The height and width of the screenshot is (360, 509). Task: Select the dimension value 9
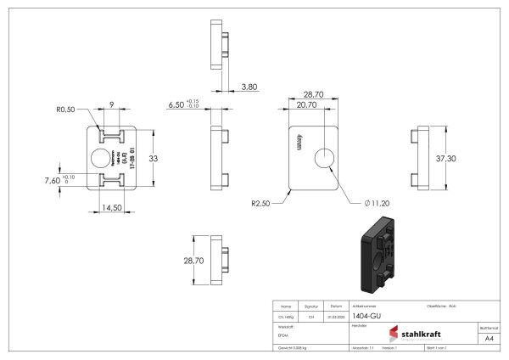(x=112, y=105)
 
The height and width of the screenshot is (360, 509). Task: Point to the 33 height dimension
(x=154, y=158)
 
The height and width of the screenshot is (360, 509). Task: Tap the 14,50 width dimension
(x=112, y=207)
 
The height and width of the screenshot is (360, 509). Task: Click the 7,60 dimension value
(x=53, y=181)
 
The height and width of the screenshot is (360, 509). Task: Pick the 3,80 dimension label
(x=249, y=87)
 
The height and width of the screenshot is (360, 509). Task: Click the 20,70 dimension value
(x=307, y=104)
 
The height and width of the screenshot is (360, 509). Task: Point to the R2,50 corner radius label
(x=260, y=204)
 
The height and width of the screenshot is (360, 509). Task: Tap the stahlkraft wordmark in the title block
(x=421, y=333)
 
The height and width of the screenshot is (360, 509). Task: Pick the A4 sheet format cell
(x=488, y=338)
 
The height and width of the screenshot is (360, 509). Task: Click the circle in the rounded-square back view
(x=325, y=158)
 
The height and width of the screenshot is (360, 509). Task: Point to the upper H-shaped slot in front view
(x=112, y=136)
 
